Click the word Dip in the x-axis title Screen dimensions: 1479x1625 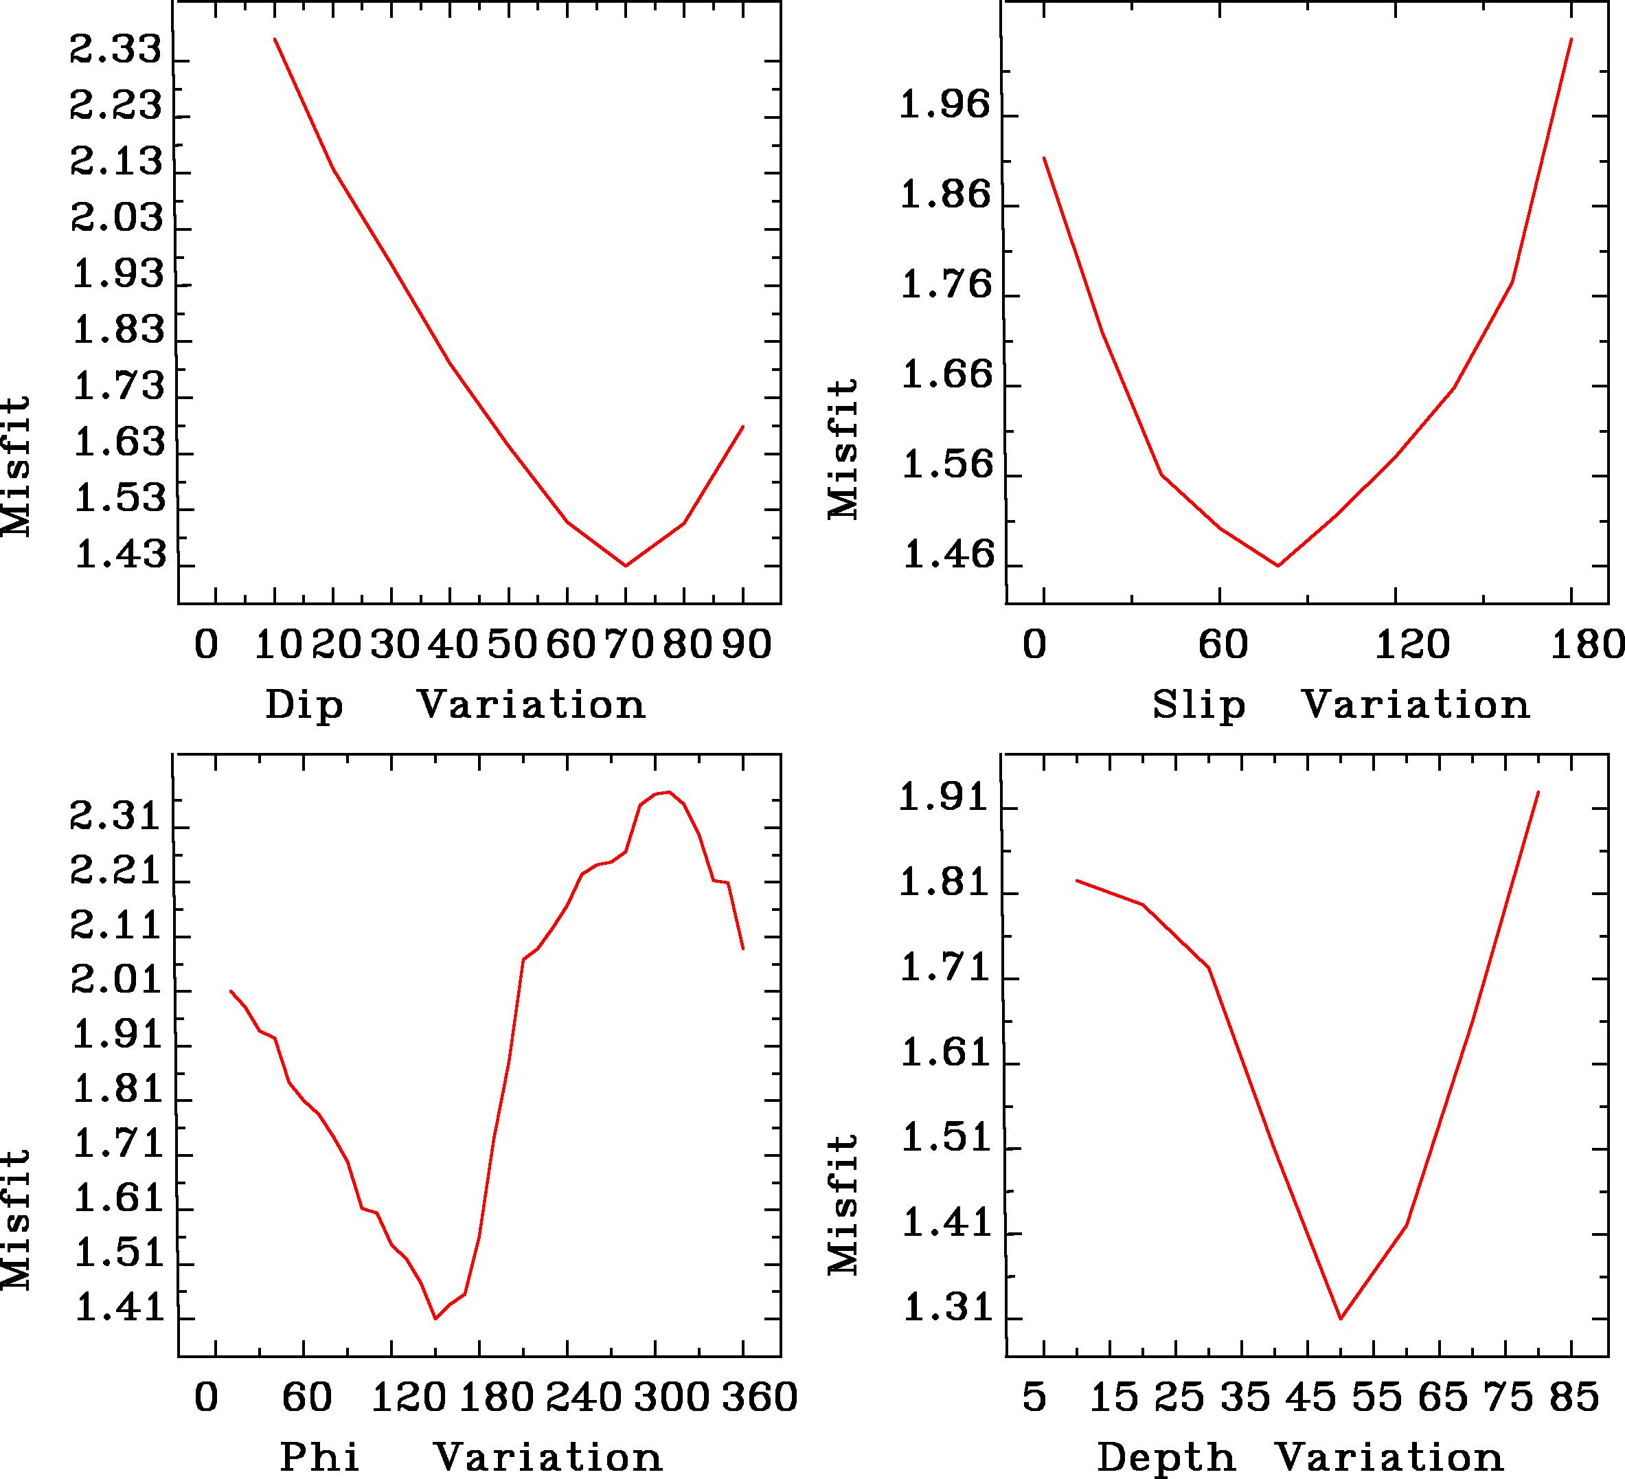[305, 706]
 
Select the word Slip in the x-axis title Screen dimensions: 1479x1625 [1198, 706]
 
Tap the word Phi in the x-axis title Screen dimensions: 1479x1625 [319, 1457]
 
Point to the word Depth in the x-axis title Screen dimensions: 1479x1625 [1166, 1457]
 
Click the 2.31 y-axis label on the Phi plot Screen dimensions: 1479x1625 [117, 818]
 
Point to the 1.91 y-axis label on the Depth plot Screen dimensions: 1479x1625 [944, 799]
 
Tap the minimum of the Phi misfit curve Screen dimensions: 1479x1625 [435, 1319]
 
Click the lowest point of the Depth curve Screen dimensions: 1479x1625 [1341, 1319]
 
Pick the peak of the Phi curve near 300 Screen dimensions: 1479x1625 [668, 791]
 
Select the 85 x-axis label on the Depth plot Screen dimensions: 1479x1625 [1574, 1397]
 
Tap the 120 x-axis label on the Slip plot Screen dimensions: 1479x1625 [1412, 646]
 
